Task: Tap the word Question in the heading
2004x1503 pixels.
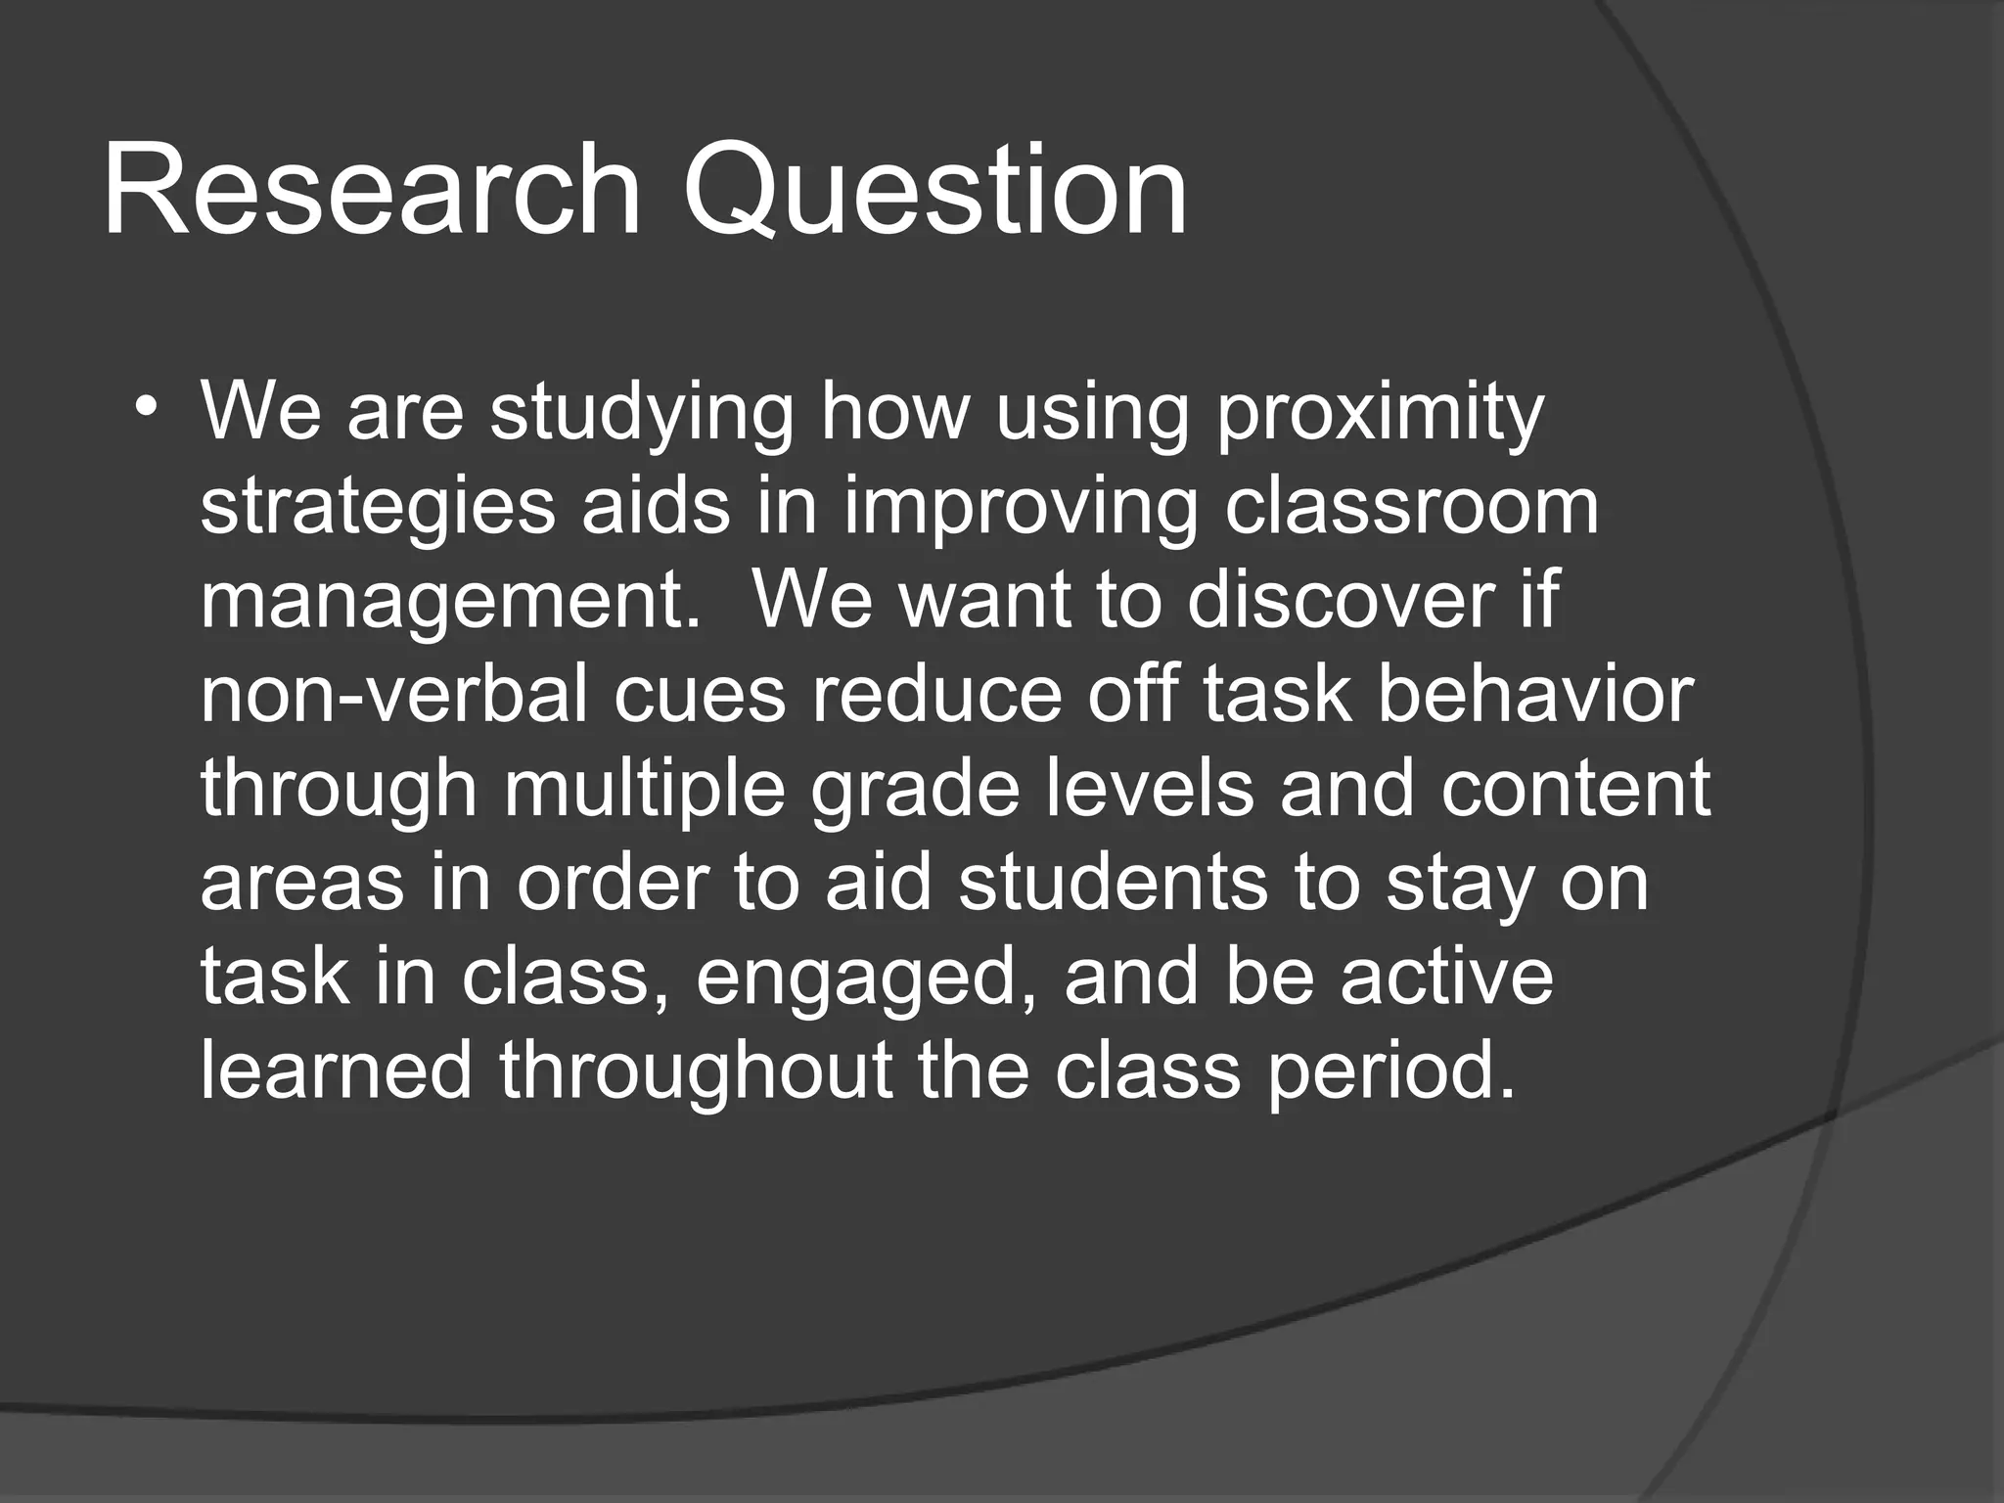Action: [x=934, y=191]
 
